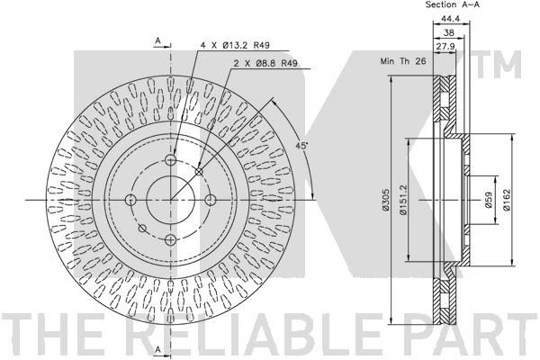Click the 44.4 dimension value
[450, 19]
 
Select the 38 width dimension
[449, 32]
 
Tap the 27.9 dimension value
[446, 47]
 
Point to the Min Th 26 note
[403, 61]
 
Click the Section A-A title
[453, 4]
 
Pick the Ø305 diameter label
[386, 200]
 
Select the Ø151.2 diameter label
[403, 200]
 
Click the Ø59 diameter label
[488, 200]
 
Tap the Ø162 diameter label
[506, 200]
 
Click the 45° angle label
[301, 146]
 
